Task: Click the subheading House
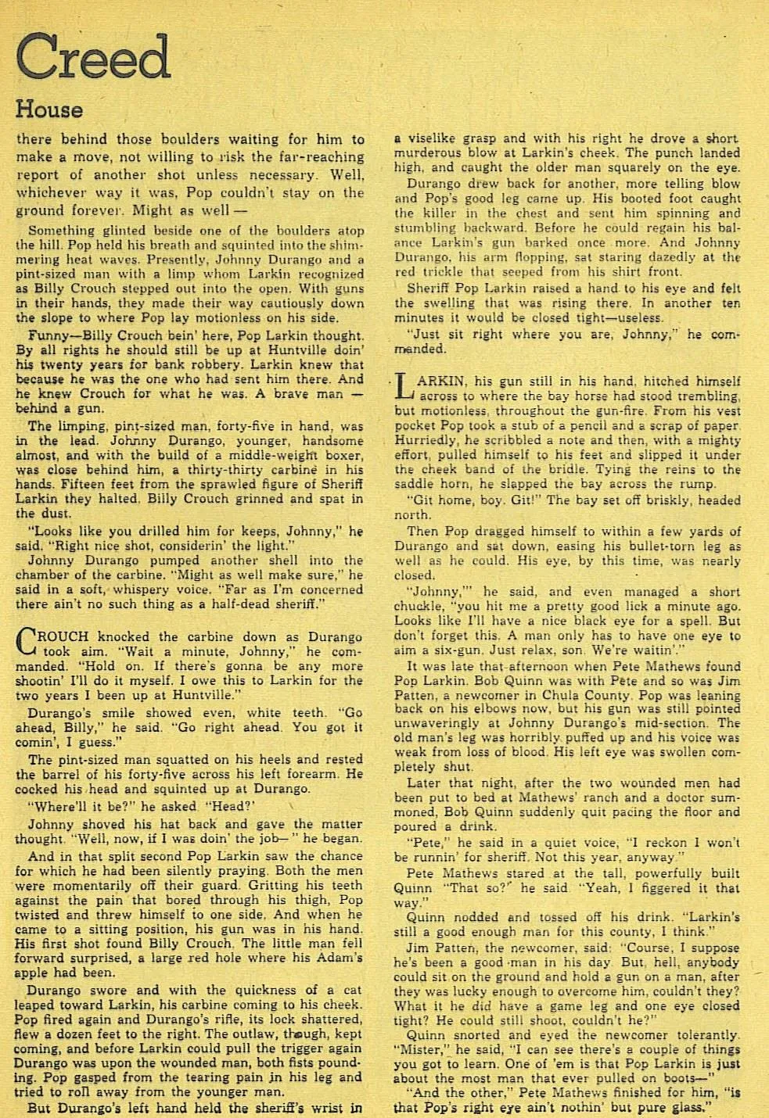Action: (x=49, y=109)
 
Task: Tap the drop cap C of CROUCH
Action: (x=26, y=642)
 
